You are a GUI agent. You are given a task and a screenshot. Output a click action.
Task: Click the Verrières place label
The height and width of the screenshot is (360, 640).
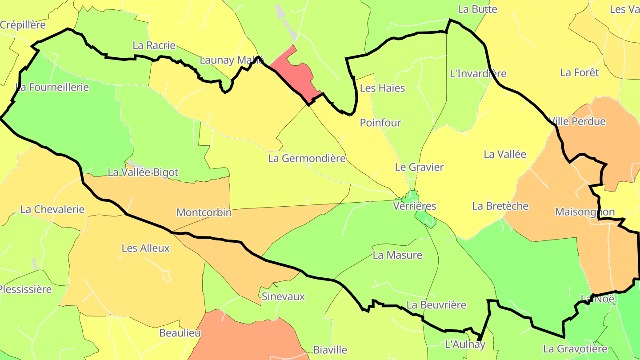coord(415,206)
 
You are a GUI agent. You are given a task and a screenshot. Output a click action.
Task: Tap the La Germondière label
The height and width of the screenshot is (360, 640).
coord(307,158)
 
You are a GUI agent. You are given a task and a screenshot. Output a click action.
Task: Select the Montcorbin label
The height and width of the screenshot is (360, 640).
coord(204,212)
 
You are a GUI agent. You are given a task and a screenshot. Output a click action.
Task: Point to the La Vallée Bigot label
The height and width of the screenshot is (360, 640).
coord(143,172)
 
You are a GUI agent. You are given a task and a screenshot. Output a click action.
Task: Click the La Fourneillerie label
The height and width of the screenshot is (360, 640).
coord(52,87)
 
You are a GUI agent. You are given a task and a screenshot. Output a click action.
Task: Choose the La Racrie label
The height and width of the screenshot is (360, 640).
coord(154,45)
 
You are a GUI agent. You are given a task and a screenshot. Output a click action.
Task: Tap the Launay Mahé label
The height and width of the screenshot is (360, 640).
coord(232,60)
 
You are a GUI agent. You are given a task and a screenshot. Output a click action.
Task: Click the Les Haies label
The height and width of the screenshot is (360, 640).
coord(382,88)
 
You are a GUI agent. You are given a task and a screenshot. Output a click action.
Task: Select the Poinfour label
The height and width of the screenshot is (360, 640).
coord(380,123)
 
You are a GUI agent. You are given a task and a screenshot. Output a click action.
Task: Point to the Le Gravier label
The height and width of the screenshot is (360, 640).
coord(419,167)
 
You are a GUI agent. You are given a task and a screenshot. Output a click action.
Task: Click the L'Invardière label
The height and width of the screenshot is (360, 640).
coord(478,73)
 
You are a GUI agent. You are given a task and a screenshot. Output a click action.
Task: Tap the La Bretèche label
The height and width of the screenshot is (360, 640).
coord(500,206)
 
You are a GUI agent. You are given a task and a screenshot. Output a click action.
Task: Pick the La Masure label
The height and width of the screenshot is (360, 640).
coord(397,255)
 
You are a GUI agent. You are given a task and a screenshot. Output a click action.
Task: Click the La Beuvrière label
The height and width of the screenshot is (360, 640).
coord(436,305)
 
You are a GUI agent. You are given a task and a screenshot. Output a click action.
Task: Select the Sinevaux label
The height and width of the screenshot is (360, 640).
coord(283,296)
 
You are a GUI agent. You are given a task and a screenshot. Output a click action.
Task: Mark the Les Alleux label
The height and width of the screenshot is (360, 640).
coord(146,248)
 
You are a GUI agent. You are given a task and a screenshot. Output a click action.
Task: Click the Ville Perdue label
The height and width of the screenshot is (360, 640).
coord(578,121)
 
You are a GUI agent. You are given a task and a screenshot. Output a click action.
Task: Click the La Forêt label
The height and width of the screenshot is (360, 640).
coord(580,72)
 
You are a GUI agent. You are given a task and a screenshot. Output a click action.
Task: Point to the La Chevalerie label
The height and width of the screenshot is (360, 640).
coord(52,209)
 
